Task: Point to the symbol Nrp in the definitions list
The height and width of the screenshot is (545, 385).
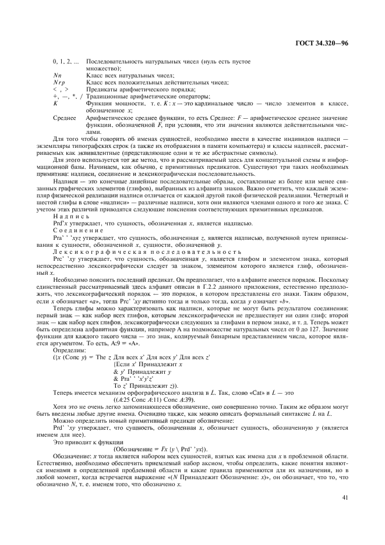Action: click(58, 83)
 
